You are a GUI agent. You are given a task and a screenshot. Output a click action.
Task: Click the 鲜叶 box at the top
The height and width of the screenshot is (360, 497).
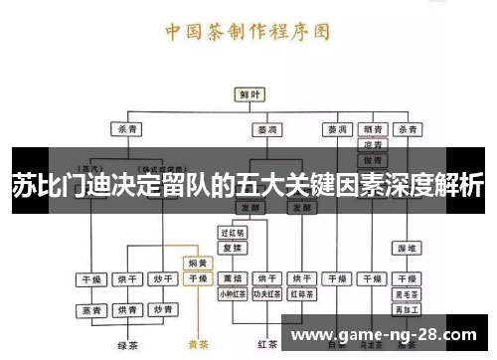point(248,93)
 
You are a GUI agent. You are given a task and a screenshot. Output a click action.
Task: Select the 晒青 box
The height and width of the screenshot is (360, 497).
point(374,129)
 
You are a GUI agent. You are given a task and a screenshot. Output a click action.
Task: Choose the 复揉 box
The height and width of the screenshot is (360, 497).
point(232,247)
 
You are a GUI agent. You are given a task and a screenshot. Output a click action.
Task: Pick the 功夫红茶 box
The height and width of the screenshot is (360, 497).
point(265,294)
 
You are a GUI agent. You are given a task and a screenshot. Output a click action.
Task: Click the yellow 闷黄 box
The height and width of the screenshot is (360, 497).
point(198,264)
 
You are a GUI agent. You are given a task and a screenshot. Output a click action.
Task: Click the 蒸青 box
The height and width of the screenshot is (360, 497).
point(92,310)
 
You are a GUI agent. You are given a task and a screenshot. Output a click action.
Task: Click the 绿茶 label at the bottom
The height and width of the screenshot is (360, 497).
point(126,345)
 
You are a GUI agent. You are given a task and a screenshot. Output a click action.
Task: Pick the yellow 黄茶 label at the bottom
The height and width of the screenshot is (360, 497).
point(198,345)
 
